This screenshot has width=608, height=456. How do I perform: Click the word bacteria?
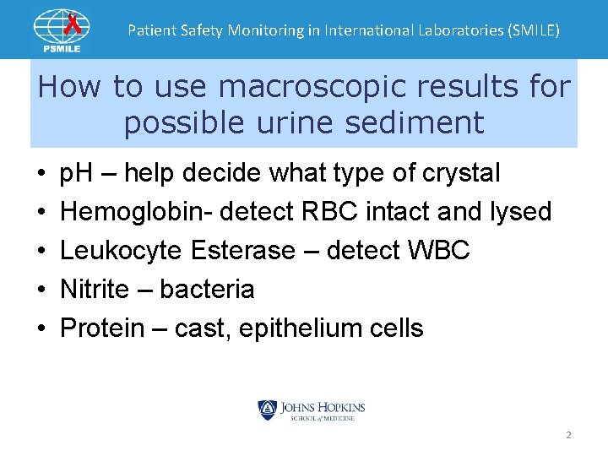[207, 290]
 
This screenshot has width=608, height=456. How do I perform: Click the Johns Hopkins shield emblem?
[267, 410]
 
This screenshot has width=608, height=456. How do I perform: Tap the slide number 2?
[568, 436]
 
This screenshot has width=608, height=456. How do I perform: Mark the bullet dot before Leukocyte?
[41, 252]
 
